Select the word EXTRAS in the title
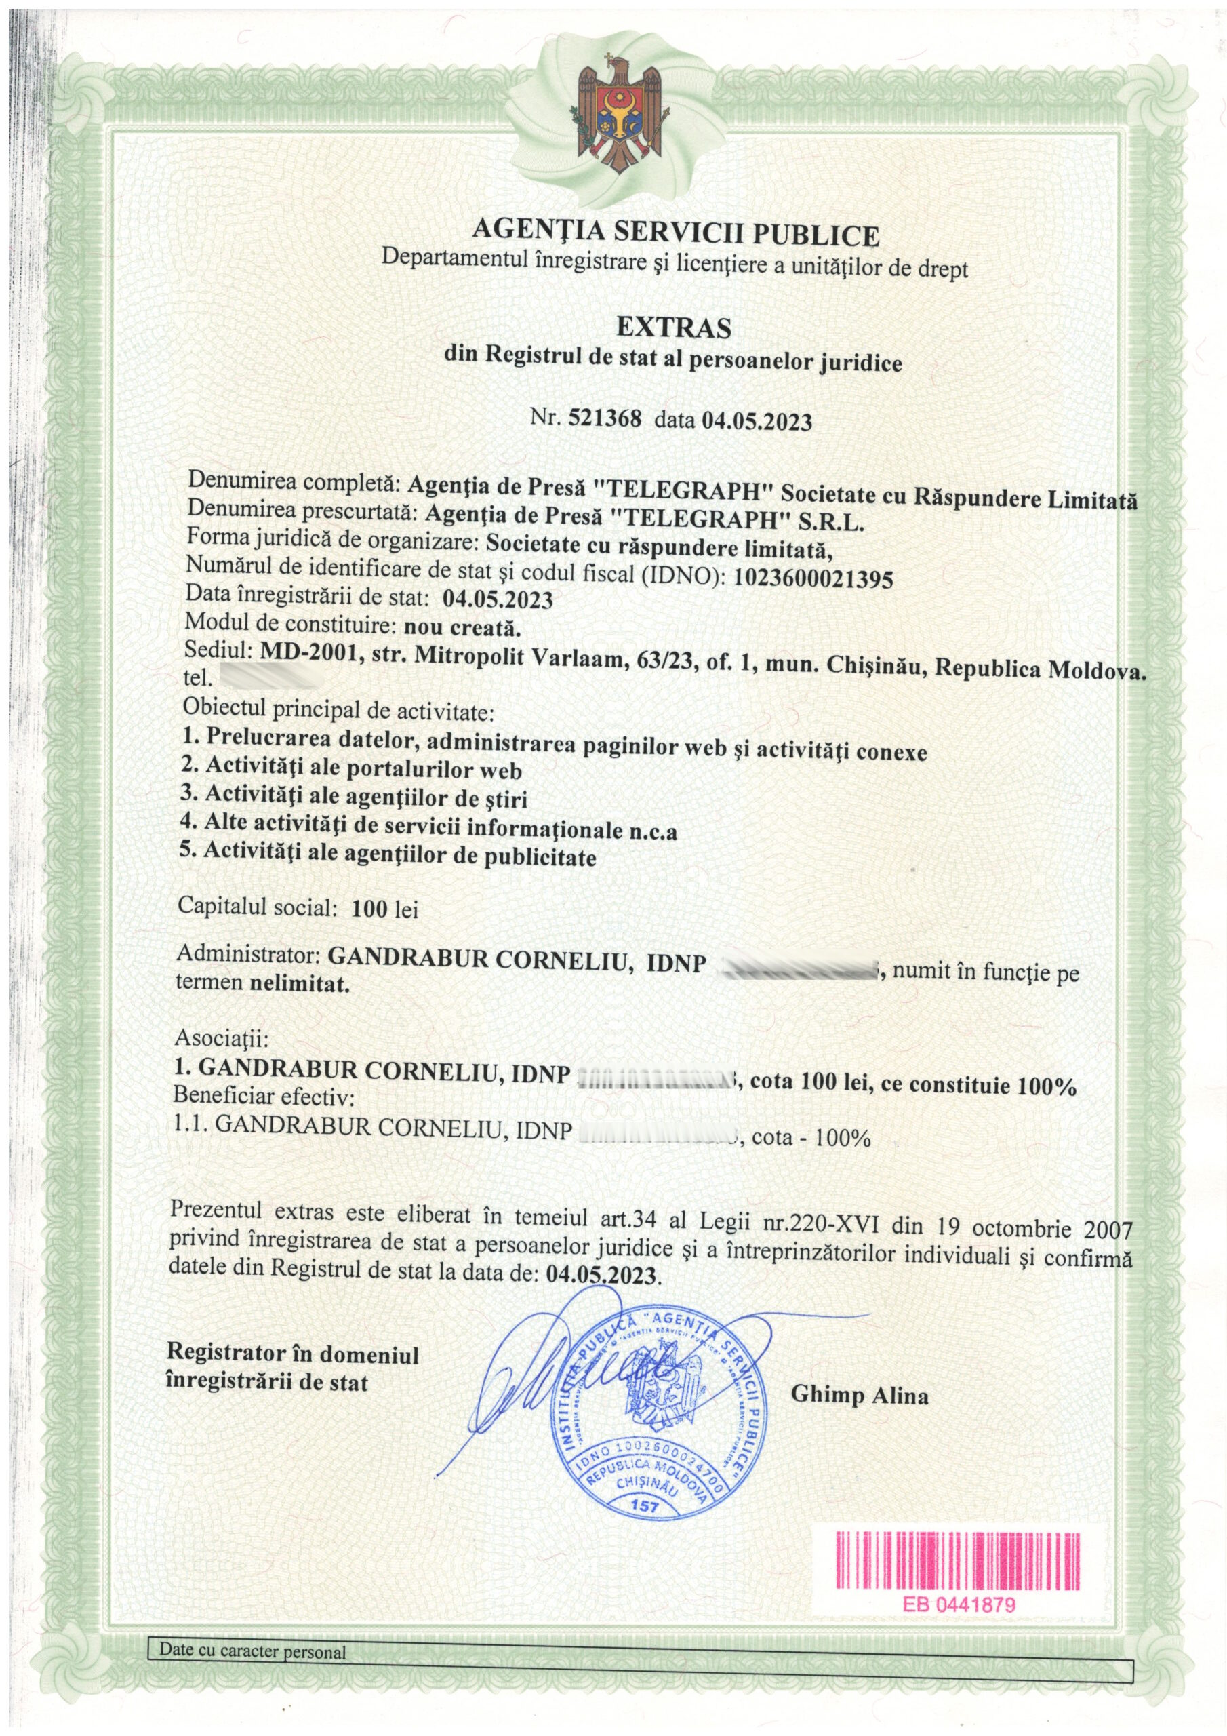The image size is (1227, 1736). click(x=675, y=328)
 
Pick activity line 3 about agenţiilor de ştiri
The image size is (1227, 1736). click(x=355, y=798)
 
